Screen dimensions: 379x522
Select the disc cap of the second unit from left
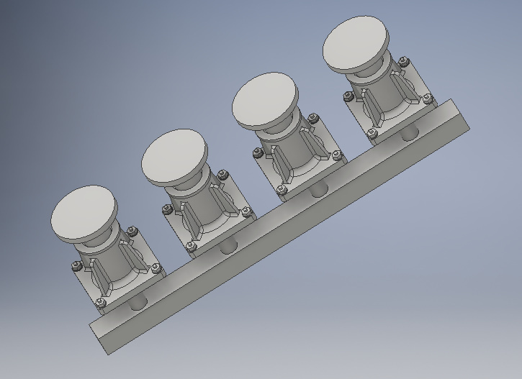point(174,155)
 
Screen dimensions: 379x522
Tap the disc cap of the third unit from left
point(264,100)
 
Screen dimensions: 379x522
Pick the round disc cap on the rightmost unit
point(355,44)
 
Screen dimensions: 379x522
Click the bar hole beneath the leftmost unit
point(138,301)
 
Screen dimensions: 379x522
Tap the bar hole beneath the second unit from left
point(229,246)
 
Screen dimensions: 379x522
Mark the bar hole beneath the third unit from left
point(319,190)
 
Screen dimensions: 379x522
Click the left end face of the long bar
point(100,338)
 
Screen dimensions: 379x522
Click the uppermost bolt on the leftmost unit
point(132,231)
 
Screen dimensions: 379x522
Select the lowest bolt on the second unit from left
point(192,247)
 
